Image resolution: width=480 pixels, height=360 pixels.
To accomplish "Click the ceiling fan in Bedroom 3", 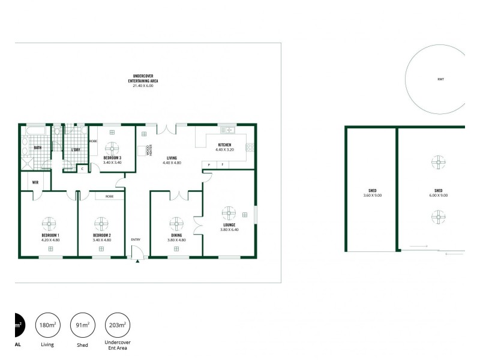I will pyautogui.click(x=112, y=147).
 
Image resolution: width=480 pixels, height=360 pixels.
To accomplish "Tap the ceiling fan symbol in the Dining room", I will pyautogui.click(x=176, y=224).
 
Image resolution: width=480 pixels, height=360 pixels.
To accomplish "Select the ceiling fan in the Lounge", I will pyautogui.click(x=229, y=214).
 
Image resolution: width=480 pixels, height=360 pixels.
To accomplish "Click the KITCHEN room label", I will pyautogui.click(x=224, y=145).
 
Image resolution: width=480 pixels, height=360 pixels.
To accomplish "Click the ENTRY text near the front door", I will pyautogui.click(x=136, y=239).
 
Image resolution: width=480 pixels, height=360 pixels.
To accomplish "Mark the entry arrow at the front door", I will pyautogui.click(x=137, y=261).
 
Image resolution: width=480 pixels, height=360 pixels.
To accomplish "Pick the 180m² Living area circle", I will pyautogui.click(x=47, y=325).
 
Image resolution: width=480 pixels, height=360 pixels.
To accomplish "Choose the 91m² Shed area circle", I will pyautogui.click(x=82, y=325).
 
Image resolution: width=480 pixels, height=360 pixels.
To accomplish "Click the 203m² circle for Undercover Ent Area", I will pyautogui.click(x=117, y=325).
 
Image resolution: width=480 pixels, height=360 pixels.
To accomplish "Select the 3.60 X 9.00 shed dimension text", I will pyautogui.click(x=372, y=195).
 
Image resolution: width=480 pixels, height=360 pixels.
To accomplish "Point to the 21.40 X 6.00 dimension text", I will pyautogui.click(x=143, y=86).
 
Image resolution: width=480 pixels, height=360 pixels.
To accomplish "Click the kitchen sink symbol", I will pyautogui.click(x=228, y=130).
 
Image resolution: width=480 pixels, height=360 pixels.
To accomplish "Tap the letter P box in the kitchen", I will pyautogui.click(x=209, y=164).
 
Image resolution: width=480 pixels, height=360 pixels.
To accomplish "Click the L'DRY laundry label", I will pyautogui.click(x=76, y=149).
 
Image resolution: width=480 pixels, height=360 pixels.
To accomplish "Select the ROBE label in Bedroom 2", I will pyautogui.click(x=110, y=196).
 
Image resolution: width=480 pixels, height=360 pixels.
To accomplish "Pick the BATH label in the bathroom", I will pyautogui.click(x=37, y=147).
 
